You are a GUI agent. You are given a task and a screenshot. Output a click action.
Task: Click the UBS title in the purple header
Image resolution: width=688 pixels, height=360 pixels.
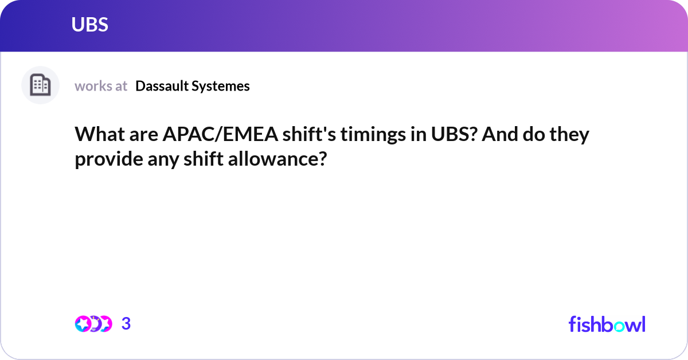point(90,25)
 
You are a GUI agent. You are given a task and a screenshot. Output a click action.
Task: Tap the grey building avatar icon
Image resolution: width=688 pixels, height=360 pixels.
point(40,85)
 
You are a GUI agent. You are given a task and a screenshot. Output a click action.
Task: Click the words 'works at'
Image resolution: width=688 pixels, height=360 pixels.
point(101,86)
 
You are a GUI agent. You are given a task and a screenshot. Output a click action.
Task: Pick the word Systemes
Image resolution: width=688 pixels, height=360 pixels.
point(222,86)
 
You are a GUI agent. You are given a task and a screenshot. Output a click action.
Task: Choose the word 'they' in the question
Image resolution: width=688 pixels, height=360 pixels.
point(570,135)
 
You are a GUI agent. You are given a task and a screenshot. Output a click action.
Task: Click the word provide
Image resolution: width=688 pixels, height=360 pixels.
point(104,159)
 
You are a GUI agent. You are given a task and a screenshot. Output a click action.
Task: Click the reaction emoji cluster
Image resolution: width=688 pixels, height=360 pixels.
point(93,324)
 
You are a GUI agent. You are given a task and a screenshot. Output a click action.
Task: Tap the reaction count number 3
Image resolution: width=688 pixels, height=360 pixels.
point(126,324)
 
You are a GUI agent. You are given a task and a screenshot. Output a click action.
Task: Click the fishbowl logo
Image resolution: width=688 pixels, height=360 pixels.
point(607,324)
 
